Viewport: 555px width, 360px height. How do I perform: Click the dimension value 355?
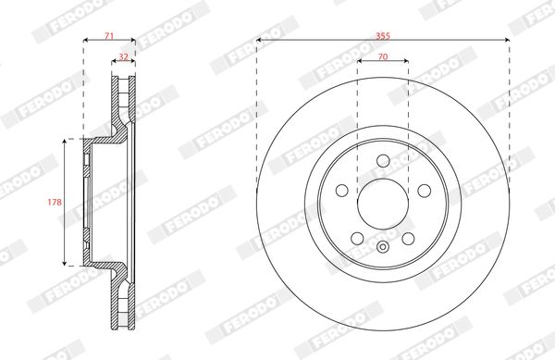(383, 36)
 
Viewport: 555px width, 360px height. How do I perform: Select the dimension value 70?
(383, 56)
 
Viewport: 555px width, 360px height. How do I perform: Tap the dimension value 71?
(109, 36)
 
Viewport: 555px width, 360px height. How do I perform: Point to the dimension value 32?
(124, 56)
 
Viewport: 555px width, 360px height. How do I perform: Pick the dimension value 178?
(55, 202)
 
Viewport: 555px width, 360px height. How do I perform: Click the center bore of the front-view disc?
(383, 205)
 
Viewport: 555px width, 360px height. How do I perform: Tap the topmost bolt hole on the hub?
(383, 161)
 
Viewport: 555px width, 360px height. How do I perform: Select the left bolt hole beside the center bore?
(342, 191)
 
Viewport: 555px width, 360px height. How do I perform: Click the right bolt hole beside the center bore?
(424, 191)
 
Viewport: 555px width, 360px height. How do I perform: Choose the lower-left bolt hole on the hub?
(357, 239)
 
